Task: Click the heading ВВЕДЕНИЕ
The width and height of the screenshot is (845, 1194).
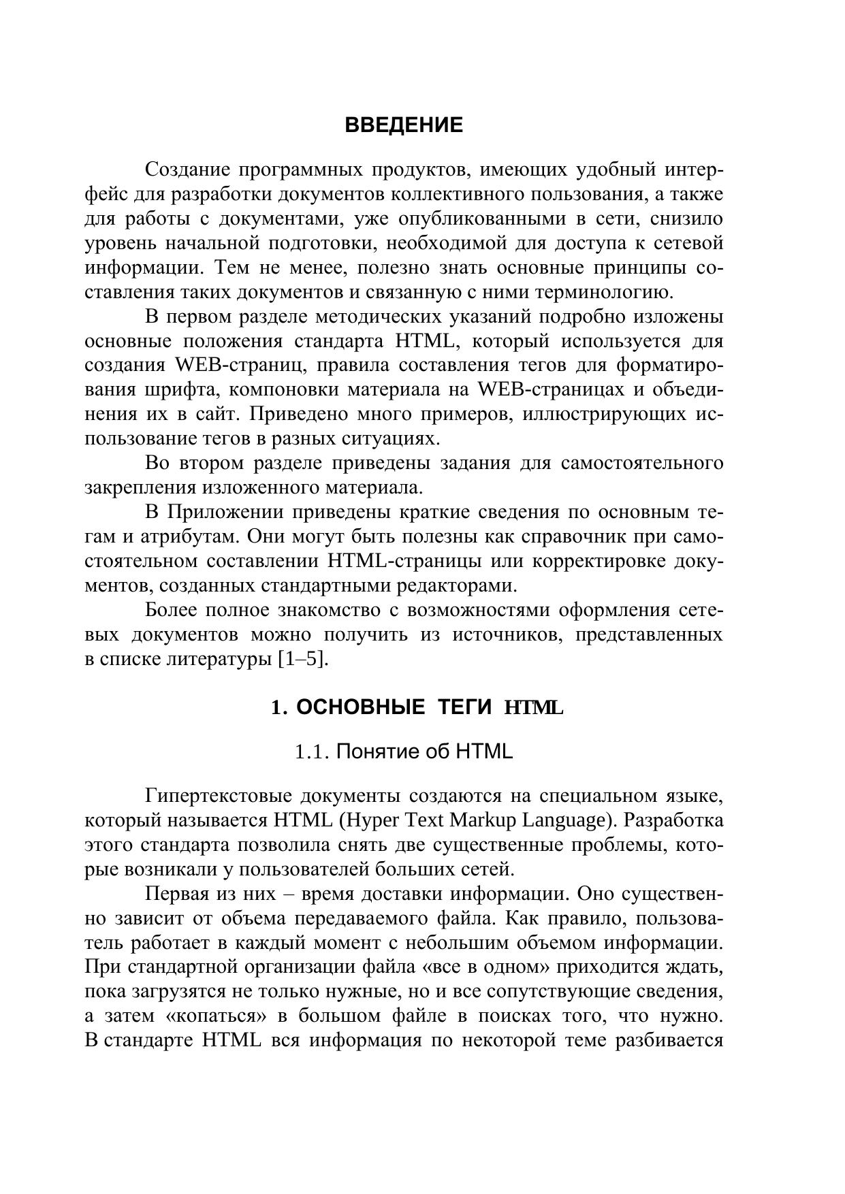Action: tap(404, 126)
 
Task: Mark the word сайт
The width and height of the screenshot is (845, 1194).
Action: tap(222, 415)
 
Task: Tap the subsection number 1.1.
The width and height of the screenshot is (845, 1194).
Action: tap(312, 752)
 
